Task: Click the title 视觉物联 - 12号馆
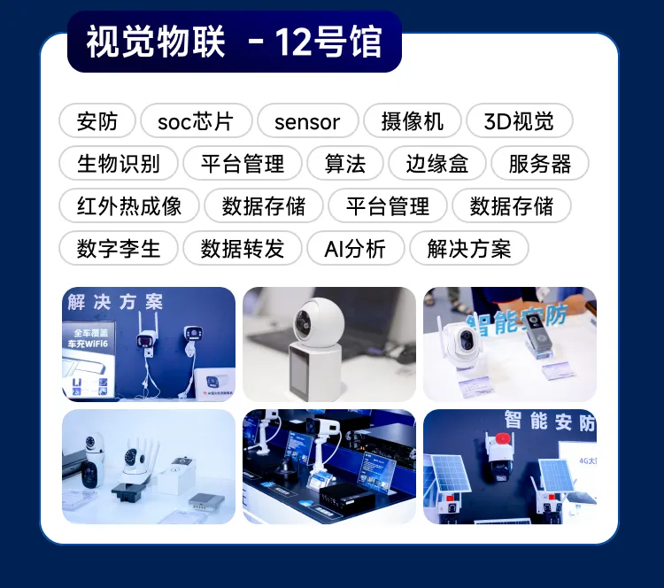[x=235, y=42]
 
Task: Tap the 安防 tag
[x=97, y=121]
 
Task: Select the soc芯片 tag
[x=195, y=121]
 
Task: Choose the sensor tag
[x=307, y=121]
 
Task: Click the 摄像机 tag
[x=412, y=121]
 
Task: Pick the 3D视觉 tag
[x=519, y=121]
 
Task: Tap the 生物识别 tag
[x=119, y=164]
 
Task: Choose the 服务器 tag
[x=540, y=164]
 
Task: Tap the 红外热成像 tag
[x=129, y=206]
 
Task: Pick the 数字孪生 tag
[x=119, y=249]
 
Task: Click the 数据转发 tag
[x=243, y=249]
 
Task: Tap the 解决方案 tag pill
[x=469, y=249]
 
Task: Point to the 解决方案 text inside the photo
[x=115, y=302]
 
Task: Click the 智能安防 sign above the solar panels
[x=549, y=422]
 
